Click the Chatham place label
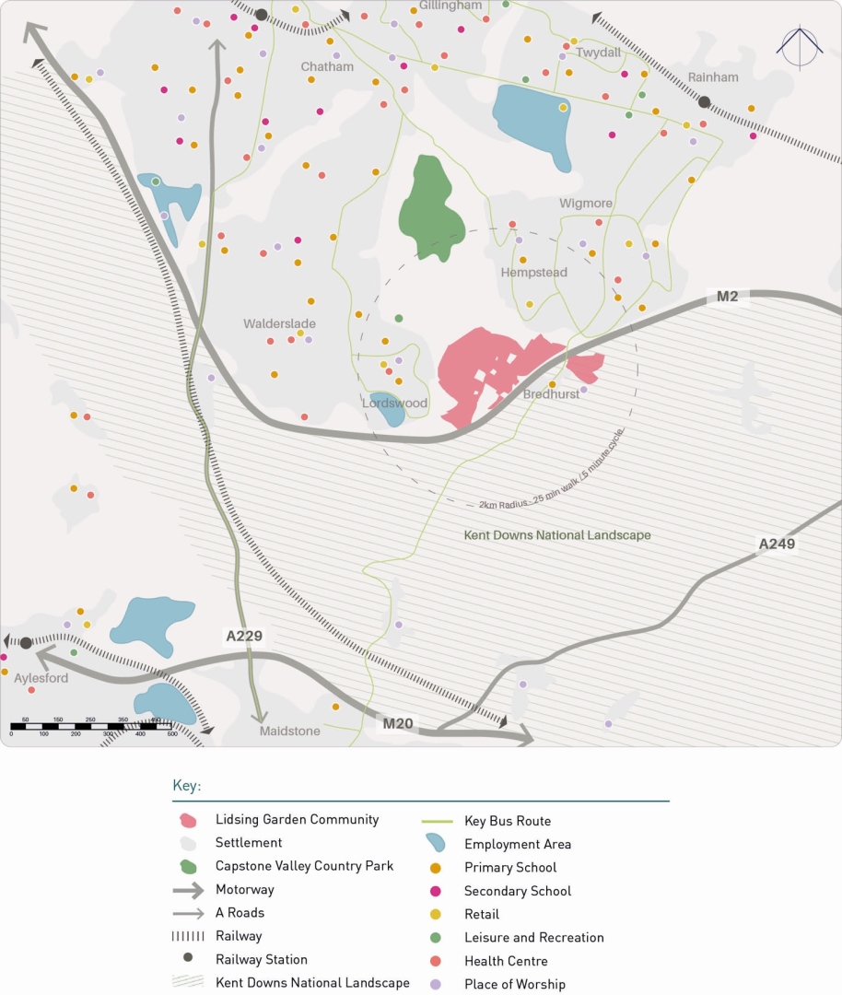tap(327, 67)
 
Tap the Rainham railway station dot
tap(704, 102)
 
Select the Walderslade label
tap(279, 324)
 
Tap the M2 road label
tap(728, 296)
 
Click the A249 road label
tap(776, 544)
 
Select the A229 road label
tap(244, 636)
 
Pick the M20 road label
tap(398, 724)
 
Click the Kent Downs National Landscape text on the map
tap(557, 535)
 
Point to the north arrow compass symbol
tap(799, 46)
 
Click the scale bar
tap(91, 726)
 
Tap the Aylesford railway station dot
tap(26, 642)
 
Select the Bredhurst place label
tap(551, 394)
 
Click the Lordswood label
tap(394, 404)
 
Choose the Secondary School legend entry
tap(517, 891)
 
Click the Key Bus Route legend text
tap(508, 821)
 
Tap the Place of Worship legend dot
tap(436, 984)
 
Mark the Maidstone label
tap(289, 732)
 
